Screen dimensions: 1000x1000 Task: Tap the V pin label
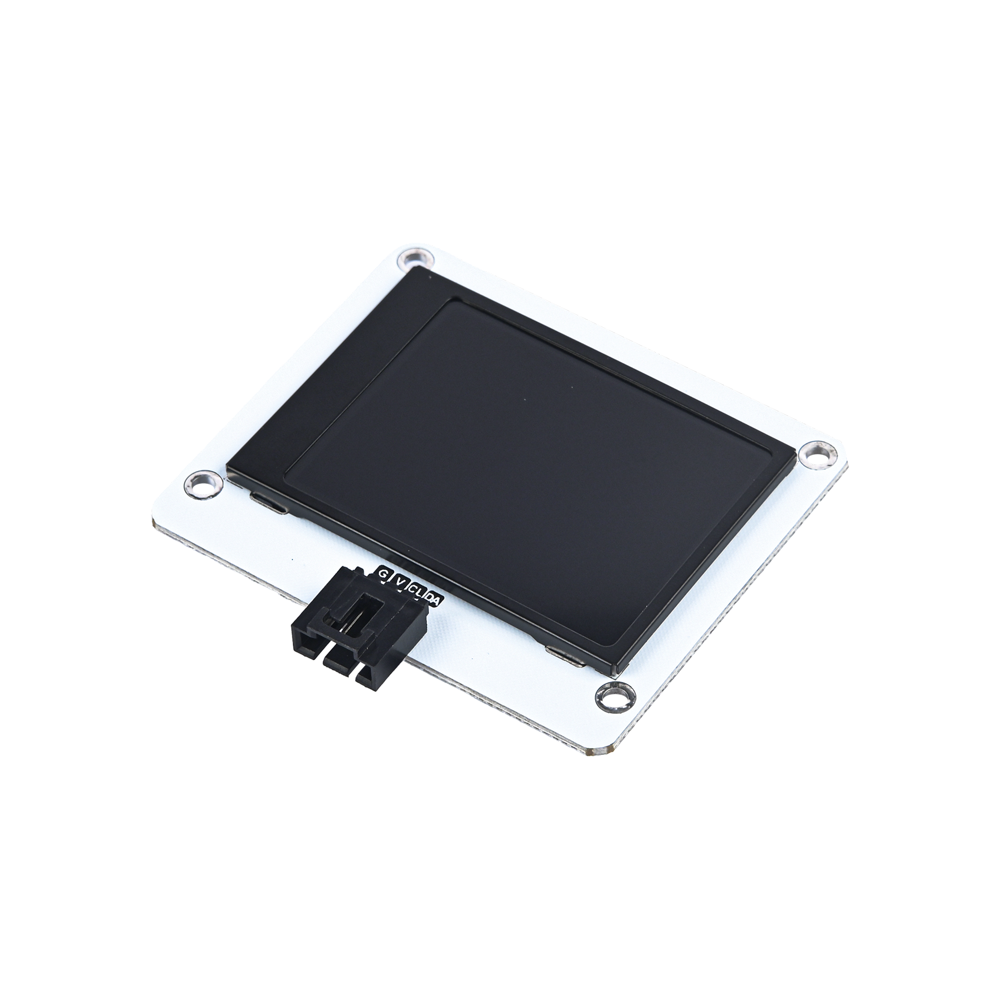[399, 582]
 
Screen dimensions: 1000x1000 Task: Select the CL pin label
[416, 590]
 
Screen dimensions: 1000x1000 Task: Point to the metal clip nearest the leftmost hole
[268, 504]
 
